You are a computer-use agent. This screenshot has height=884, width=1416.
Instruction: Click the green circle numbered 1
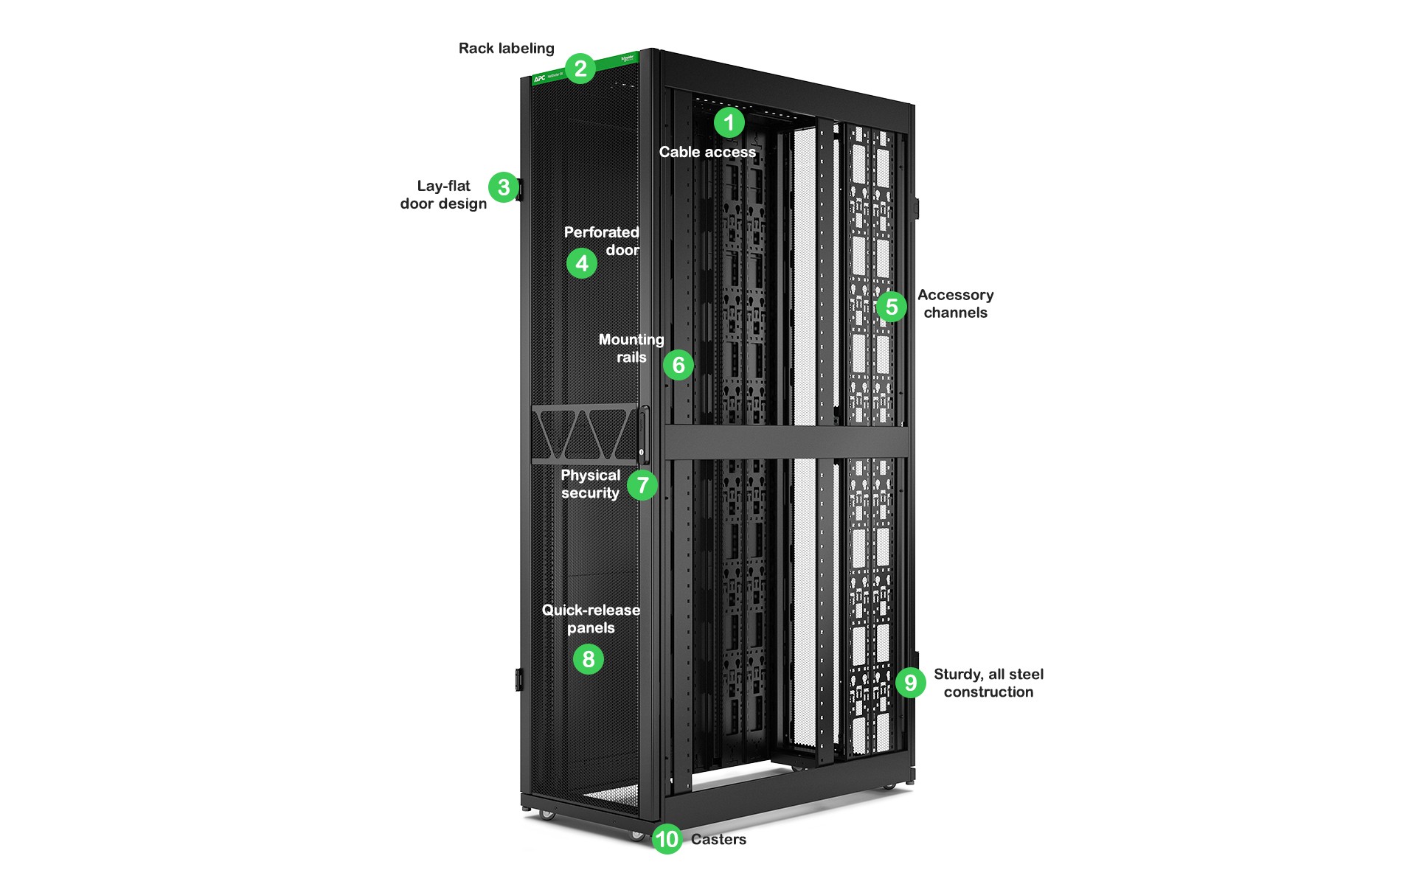pyautogui.click(x=729, y=122)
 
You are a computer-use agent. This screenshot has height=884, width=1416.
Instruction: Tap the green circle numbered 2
pyautogui.click(x=580, y=69)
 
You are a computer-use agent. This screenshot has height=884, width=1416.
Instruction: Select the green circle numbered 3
pyautogui.click(x=504, y=187)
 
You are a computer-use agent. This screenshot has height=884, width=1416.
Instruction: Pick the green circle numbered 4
pyautogui.click(x=582, y=263)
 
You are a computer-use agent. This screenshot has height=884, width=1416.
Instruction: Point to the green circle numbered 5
pyautogui.click(x=892, y=307)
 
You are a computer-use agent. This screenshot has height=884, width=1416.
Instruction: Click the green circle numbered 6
pyautogui.click(x=678, y=365)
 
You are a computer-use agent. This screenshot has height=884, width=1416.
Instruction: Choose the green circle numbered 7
pyautogui.click(x=643, y=485)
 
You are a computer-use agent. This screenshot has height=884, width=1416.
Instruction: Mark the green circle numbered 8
pyautogui.click(x=589, y=659)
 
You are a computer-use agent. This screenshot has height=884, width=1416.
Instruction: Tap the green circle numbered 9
pyautogui.click(x=911, y=683)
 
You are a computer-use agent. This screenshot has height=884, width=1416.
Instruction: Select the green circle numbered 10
pyautogui.click(x=667, y=839)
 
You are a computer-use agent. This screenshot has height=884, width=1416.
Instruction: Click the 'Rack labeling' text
pyautogui.click(x=506, y=49)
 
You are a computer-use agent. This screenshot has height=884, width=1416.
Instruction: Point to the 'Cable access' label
pyautogui.click(x=707, y=153)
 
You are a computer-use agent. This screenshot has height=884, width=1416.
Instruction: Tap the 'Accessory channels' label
pyautogui.click(x=955, y=304)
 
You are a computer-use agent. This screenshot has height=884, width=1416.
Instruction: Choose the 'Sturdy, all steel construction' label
pyautogui.click(x=988, y=683)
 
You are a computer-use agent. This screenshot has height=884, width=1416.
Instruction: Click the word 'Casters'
pyautogui.click(x=718, y=840)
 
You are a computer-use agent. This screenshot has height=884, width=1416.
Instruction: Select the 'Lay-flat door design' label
pyautogui.click(x=443, y=195)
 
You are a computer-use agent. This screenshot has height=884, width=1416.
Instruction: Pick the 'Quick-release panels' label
pyautogui.click(x=591, y=619)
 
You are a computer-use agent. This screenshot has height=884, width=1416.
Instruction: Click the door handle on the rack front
pyautogui.click(x=643, y=434)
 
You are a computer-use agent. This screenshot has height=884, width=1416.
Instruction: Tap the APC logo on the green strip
pyautogui.click(x=540, y=78)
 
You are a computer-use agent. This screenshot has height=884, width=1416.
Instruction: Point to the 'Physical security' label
pyautogui.click(x=590, y=484)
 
